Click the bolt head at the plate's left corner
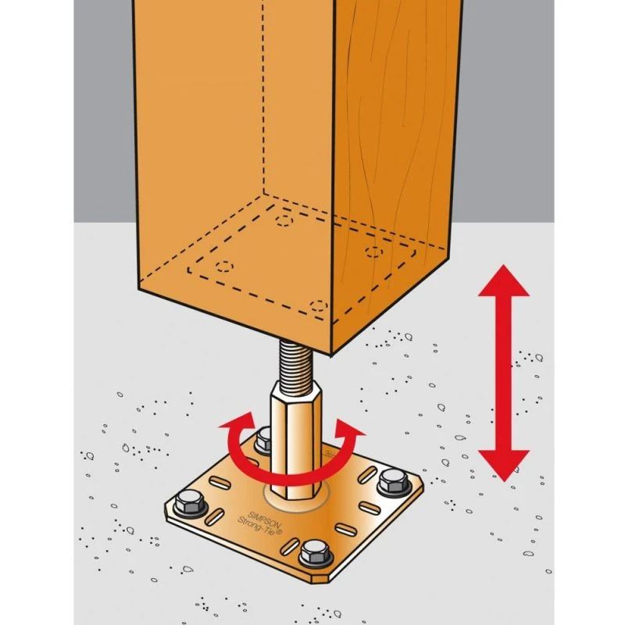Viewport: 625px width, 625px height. [x=188, y=502]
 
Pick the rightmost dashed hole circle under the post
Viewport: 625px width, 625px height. [x=376, y=252]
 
